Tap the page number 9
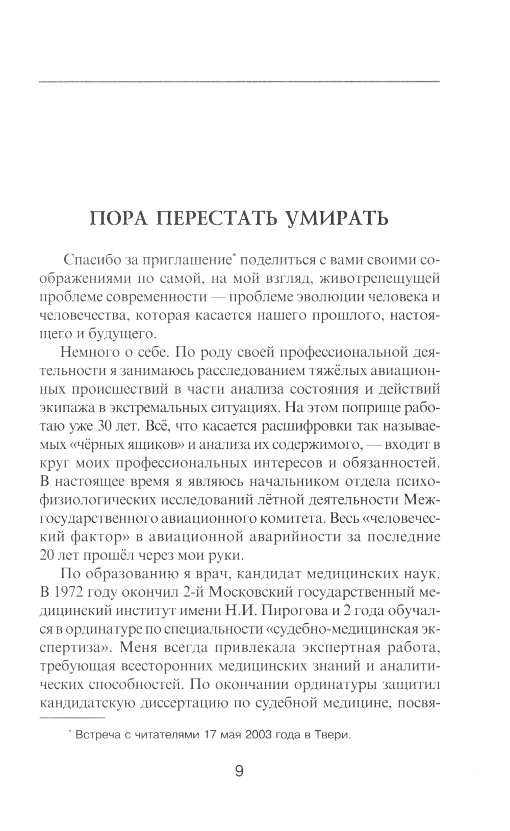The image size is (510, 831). pos(239,771)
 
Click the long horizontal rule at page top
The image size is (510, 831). pos(239,82)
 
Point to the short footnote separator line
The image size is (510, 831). pos(72,718)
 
